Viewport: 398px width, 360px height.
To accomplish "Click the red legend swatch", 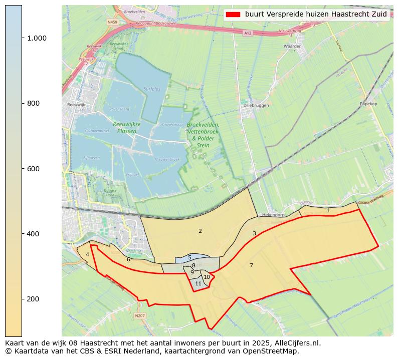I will [x=233, y=15].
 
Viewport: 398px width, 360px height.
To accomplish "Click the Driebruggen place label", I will [x=256, y=106].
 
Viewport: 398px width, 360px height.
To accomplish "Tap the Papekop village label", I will [x=368, y=104].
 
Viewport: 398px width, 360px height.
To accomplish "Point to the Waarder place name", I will [x=292, y=46].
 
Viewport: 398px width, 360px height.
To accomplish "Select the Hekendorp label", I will [x=273, y=214].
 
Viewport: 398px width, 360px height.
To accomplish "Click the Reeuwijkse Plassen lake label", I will [x=127, y=128].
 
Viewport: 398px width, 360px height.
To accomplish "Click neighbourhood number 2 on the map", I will [x=200, y=231].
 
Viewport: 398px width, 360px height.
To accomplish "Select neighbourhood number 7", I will [x=251, y=265].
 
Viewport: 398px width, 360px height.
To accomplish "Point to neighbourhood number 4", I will [x=87, y=254].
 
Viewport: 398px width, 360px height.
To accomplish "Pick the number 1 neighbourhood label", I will [x=328, y=211].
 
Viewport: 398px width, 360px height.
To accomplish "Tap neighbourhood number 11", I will [x=198, y=283].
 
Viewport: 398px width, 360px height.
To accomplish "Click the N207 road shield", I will [x=140, y=316].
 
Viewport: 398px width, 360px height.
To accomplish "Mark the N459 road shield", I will [x=113, y=23].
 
